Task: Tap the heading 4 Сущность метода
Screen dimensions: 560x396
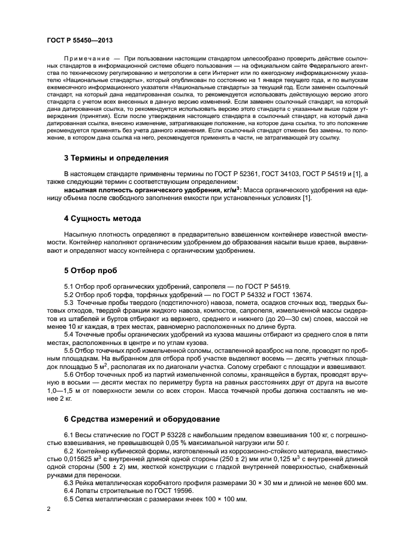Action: pos(102,218)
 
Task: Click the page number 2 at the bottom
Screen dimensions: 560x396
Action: pos(49,508)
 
